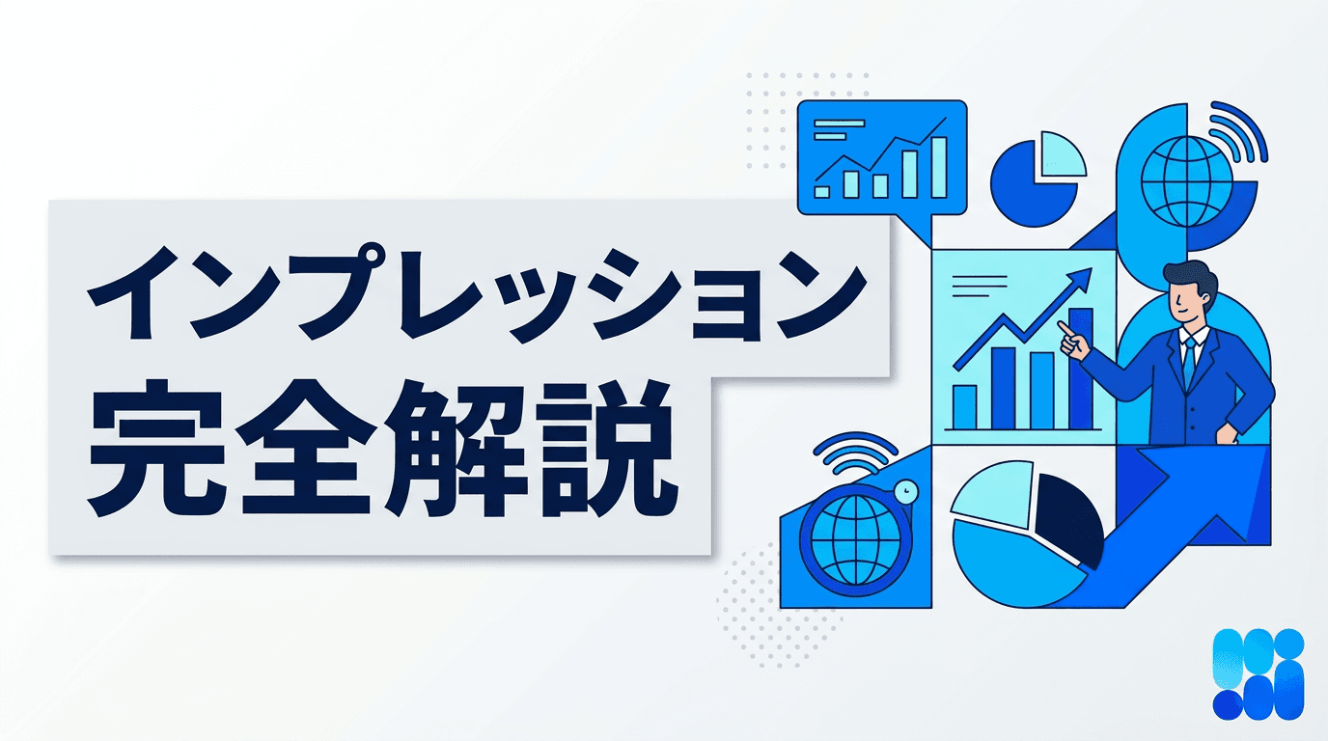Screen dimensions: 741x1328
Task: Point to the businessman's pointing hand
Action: [1068, 336]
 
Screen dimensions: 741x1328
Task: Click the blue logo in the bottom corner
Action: [1258, 673]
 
